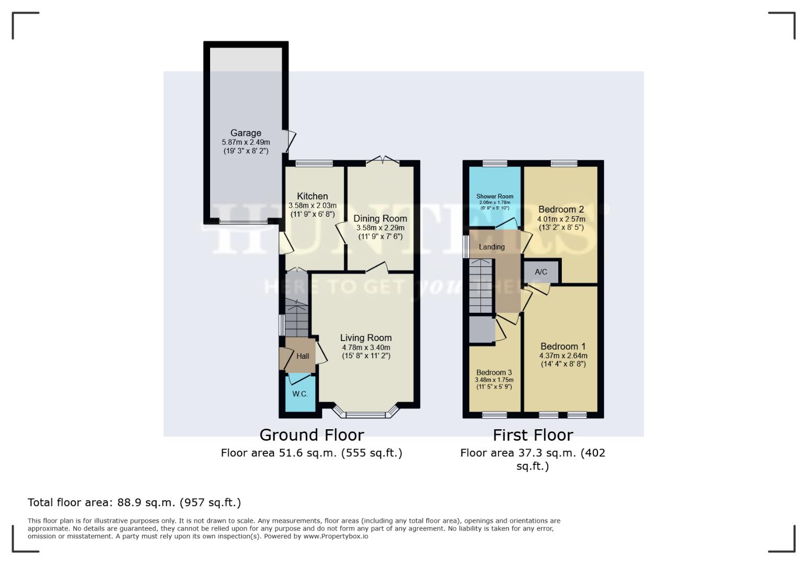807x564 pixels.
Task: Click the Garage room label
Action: tap(246, 133)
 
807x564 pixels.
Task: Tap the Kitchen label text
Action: tap(312, 196)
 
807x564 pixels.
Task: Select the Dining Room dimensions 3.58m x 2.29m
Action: tap(380, 228)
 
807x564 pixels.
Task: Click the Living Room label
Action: tap(365, 338)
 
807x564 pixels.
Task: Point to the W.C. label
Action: tap(299, 394)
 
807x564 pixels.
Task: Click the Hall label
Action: tap(303, 356)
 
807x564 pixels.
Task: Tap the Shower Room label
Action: tap(494, 196)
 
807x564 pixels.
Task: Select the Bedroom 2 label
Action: tap(561, 209)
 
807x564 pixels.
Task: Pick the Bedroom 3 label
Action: tap(494, 372)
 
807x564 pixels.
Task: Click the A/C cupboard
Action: tap(541, 272)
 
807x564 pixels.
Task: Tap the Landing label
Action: tap(491, 247)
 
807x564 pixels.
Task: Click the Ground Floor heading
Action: tap(312, 435)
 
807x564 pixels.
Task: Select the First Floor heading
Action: tap(533, 435)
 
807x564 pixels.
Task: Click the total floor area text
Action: tap(134, 502)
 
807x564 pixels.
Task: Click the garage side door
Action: tap(289, 140)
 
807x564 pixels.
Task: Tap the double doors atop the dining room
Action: tap(383, 161)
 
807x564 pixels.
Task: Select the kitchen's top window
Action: tap(314, 163)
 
